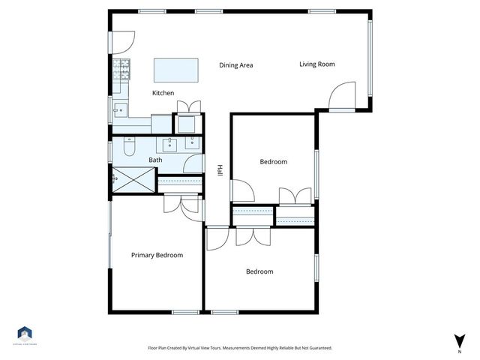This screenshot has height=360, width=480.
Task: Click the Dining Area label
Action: pyautogui.click(x=235, y=65)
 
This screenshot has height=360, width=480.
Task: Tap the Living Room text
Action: pyautogui.click(x=316, y=64)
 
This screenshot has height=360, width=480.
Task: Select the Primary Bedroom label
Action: pyautogui.click(x=157, y=255)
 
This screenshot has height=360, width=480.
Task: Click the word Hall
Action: pyautogui.click(x=220, y=171)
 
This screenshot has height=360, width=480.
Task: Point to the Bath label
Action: pyautogui.click(x=155, y=160)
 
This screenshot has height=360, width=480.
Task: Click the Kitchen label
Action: pyautogui.click(x=163, y=93)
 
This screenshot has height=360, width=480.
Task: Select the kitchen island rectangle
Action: pyautogui.click(x=177, y=70)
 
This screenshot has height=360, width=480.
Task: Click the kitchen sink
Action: pyautogui.click(x=119, y=110)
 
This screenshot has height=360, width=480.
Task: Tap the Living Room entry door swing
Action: pyautogui.click(x=341, y=94)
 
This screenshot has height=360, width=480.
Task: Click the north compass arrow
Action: pyautogui.click(x=458, y=341)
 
